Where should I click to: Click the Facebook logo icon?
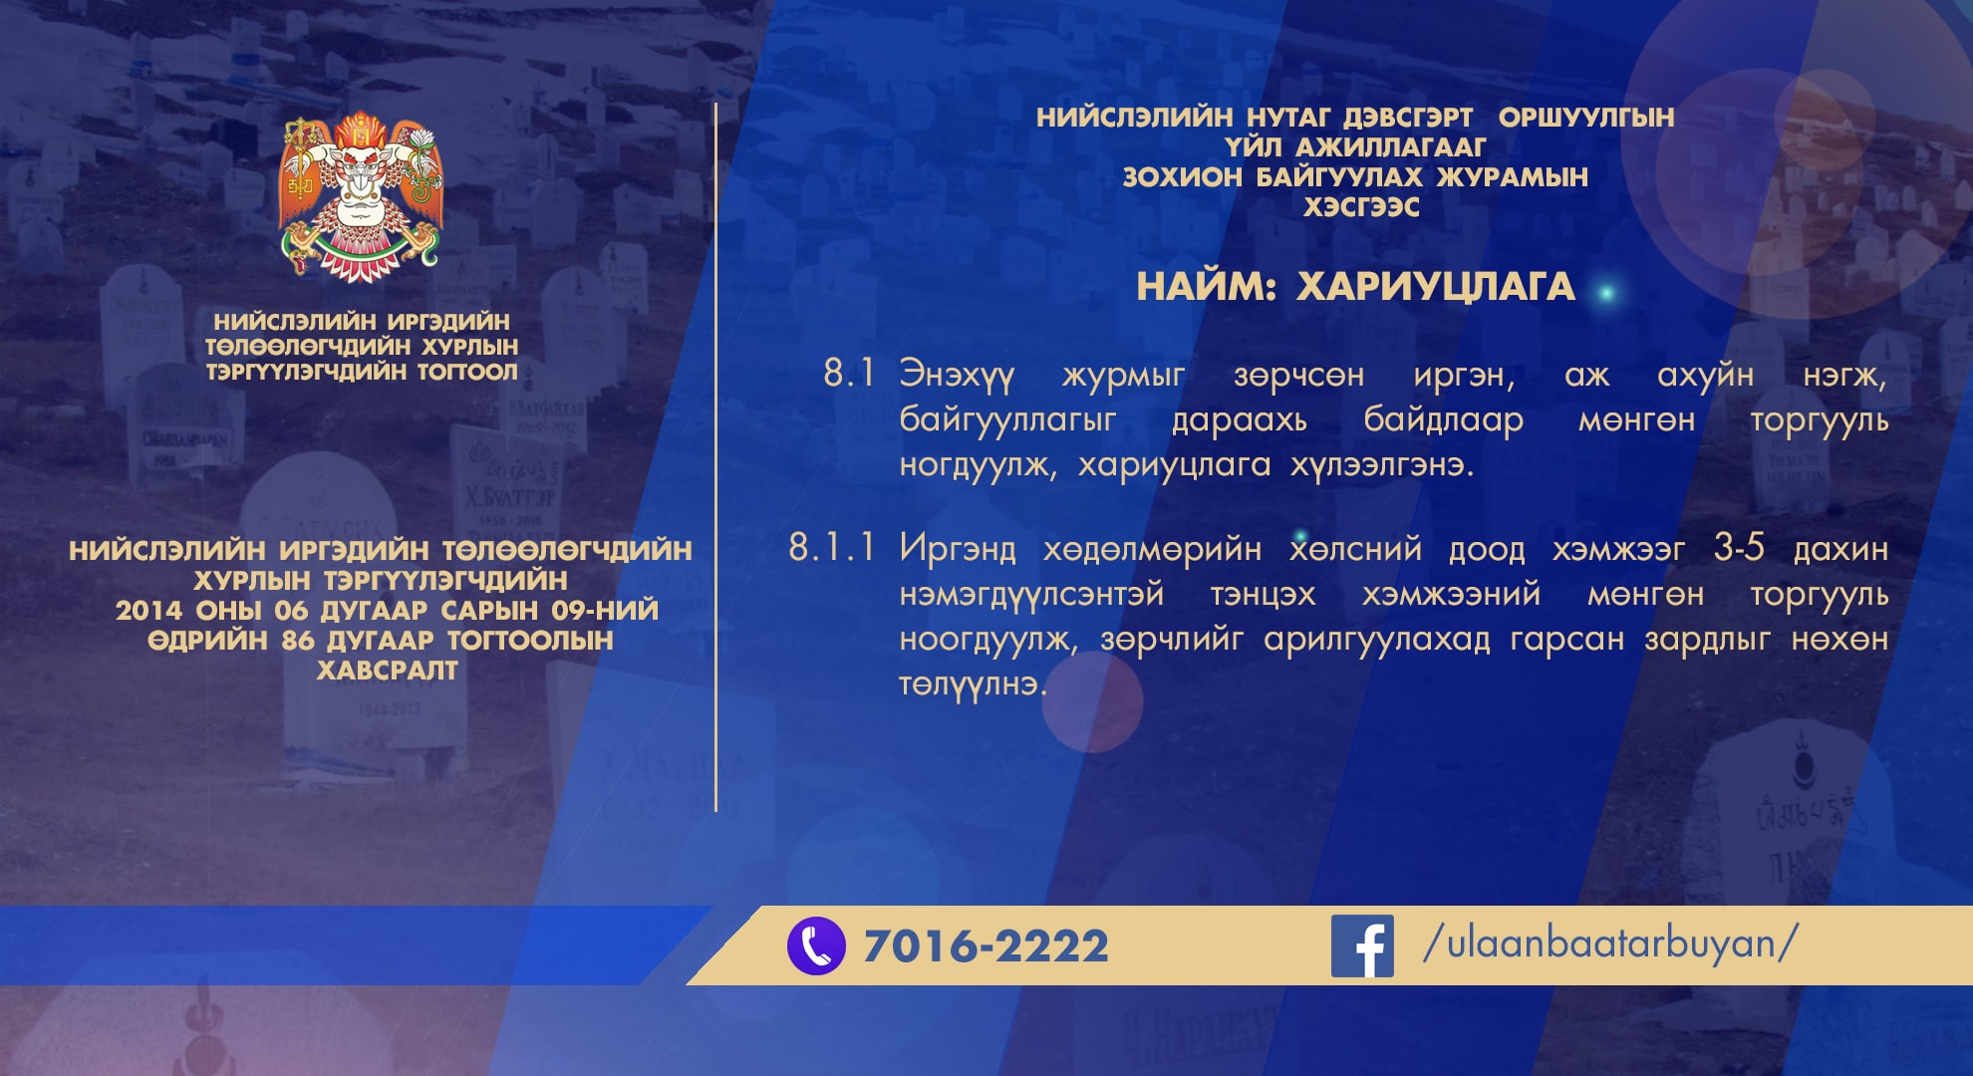point(1362,945)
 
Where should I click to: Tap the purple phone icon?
point(816,945)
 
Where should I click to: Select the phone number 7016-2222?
point(986,945)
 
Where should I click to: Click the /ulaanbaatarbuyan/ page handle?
point(1610,942)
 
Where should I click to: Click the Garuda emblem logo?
point(361,195)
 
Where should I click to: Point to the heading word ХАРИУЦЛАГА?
point(1435,287)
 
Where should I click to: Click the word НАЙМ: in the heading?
point(1206,287)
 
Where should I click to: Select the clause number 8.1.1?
point(832,547)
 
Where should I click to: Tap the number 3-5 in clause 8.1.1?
point(1739,547)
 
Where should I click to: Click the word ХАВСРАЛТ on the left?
point(388,671)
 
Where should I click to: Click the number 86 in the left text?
point(298,641)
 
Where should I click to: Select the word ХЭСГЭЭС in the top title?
point(1361,207)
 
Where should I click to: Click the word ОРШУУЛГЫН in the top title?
point(1586,118)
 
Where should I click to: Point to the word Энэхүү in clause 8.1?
point(957,376)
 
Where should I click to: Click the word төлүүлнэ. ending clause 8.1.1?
point(973,684)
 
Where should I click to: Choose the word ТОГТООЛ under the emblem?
point(468,372)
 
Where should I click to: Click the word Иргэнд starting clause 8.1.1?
point(958,549)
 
